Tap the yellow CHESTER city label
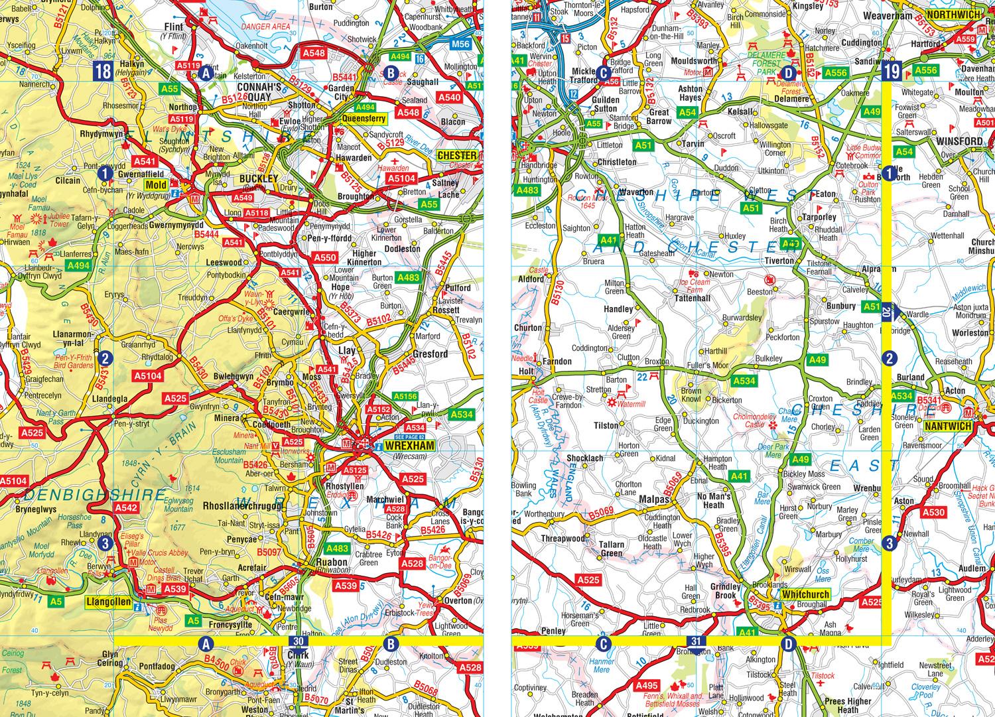point(458,155)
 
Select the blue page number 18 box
point(103,71)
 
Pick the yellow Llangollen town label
point(107,602)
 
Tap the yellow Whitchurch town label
point(805,594)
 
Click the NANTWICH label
point(948,426)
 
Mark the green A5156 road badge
point(404,396)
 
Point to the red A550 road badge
point(325,257)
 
